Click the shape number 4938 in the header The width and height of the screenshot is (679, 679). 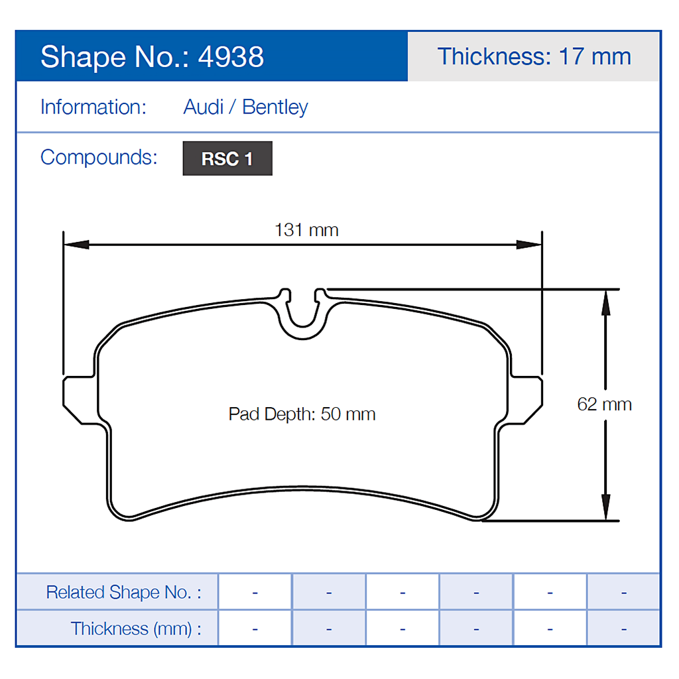click(231, 57)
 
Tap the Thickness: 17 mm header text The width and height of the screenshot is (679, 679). click(534, 56)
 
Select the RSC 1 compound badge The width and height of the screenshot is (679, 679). click(227, 159)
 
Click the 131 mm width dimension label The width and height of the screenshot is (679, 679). click(306, 230)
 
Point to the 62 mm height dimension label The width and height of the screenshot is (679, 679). click(604, 404)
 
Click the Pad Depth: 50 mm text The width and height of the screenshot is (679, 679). click(302, 414)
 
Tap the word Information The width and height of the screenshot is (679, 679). click(93, 107)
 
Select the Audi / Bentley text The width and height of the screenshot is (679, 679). click(245, 107)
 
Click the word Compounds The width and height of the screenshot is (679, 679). click(99, 158)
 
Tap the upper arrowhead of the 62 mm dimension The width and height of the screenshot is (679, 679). click(605, 302)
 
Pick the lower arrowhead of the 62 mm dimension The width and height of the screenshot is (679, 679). click(605, 509)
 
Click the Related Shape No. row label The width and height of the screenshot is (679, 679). click(123, 592)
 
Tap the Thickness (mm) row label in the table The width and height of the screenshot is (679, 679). click(135, 628)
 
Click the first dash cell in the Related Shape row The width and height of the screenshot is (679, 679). click(255, 592)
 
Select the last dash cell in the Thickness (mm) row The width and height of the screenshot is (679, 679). click(623, 628)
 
